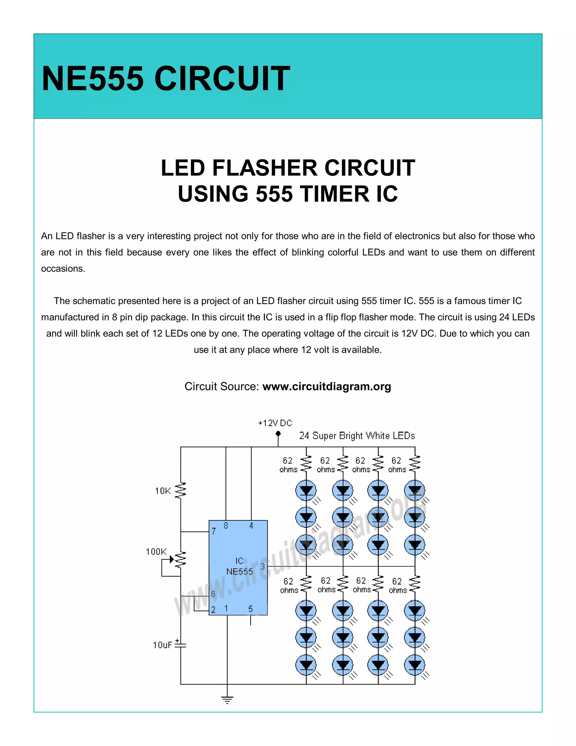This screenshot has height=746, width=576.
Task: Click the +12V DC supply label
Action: point(275,423)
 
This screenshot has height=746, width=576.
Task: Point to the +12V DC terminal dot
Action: point(278,434)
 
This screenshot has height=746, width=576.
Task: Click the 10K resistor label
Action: point(163,491)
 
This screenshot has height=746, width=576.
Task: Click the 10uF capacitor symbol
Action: point(181,645)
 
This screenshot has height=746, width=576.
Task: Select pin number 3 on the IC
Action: point(262,567)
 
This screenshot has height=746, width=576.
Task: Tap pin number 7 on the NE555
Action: point(214,531)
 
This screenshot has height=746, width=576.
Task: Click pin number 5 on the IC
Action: point(251,609)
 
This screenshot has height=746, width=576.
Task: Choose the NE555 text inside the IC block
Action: point(240,571)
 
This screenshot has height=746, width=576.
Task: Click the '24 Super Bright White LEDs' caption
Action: point(357,436)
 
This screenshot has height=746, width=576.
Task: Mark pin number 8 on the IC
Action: point(226,526)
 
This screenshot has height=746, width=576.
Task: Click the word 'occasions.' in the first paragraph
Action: point(63,269)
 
